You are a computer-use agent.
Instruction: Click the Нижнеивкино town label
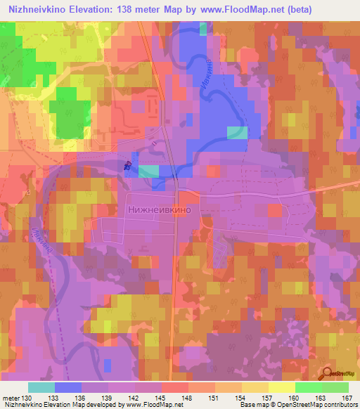[x=159, y=209]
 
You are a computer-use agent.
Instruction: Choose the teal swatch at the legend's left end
[x=41, y=388]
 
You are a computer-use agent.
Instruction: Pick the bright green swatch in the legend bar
[x=308, y=388]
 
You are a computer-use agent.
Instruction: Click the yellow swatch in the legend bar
[x=281, y=388]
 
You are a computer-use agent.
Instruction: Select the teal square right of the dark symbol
[x=148, y=171]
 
